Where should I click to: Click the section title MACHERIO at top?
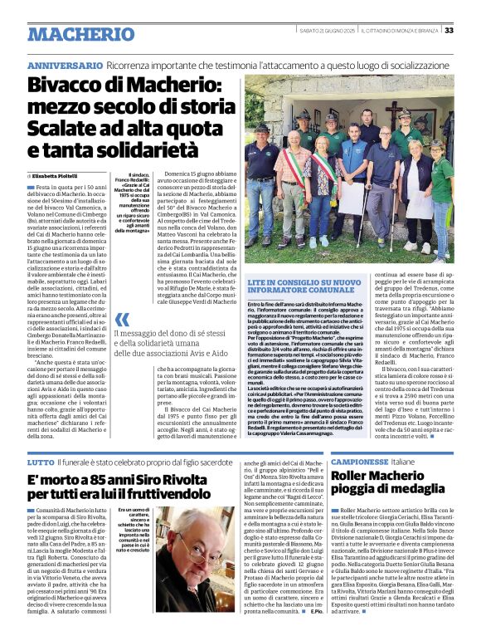(80, 34)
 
